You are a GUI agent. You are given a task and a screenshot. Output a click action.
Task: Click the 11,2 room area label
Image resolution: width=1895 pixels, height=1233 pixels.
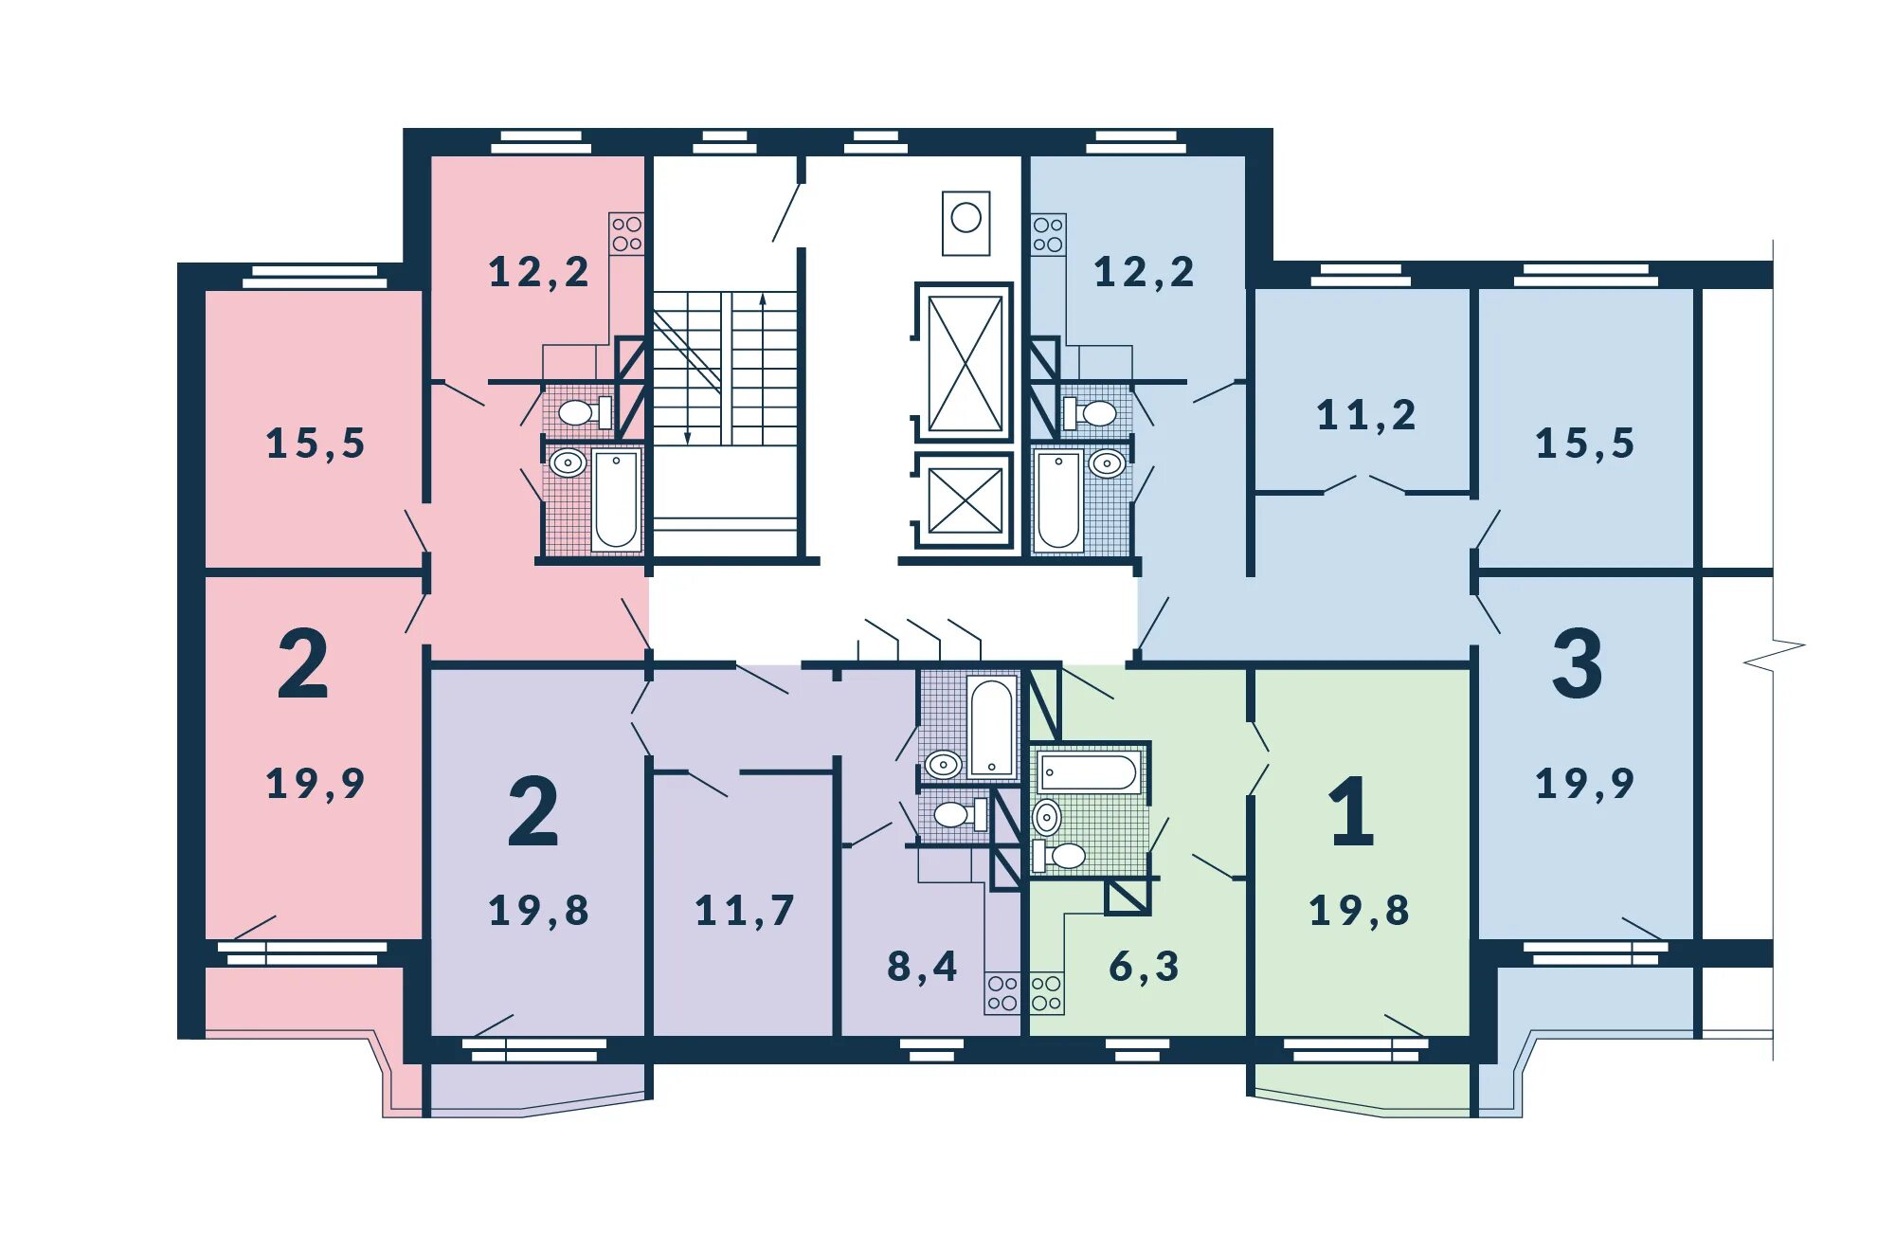pyautogui.click(x=1366, y=415)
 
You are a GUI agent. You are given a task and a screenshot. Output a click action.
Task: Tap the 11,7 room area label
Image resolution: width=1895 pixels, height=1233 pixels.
pyautogui.click(x=745, y=911)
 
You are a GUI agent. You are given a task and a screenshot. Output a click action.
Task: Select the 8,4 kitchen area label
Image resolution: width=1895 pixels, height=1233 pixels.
pyautogui.click(x=922, y=967)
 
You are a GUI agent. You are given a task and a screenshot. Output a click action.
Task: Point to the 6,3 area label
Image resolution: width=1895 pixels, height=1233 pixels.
pyautogui.click(x=1144, y=967)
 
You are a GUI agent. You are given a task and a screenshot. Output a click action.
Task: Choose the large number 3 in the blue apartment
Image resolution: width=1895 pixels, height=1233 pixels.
pyautogui.click(x=1578, y=663)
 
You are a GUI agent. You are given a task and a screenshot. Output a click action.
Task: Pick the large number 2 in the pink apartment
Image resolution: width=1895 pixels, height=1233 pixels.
pyautogui.click(x=303, y=663)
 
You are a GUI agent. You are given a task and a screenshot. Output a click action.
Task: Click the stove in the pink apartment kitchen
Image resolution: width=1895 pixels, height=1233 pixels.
pyautogui.click(x=626, y=233)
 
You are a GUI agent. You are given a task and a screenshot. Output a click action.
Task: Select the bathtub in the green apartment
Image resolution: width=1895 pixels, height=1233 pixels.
pyautogui.click(x=1089, y=772)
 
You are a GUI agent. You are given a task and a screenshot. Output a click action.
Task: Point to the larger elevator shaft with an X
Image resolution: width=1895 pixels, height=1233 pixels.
pyautogui.click(x=965, y=363)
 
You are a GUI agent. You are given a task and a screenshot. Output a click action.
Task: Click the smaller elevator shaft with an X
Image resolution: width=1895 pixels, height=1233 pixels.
pyautogui.click(x=965, y=501)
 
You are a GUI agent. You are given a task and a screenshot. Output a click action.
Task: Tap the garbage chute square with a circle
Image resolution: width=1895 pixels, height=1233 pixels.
pyautogui.click(x=966, y=222)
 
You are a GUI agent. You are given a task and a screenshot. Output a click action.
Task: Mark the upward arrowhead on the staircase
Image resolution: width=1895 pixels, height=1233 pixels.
pyautogui.click(x=763, y=299)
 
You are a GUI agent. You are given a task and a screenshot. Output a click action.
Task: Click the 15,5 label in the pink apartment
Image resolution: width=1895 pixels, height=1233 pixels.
pyautogui.click(x=316, y=444)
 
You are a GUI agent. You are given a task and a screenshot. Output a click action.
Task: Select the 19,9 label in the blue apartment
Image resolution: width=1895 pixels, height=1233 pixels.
pyautogui.click(x=1585, y=784)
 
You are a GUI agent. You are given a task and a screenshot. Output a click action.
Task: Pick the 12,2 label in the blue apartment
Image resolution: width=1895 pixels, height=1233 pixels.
pyautogui.click(x=1144, y=273)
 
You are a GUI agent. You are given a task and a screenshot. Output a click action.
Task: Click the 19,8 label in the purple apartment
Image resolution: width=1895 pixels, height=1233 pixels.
pyautogui.click(x=538, y=911)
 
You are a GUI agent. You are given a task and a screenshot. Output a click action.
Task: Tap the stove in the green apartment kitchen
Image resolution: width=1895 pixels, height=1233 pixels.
pyautogui.click(x=1047, y=993)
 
